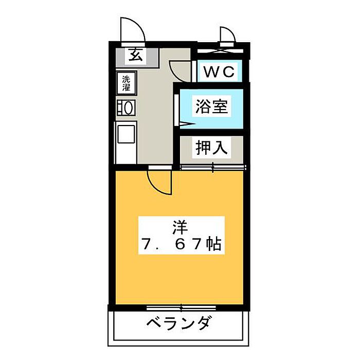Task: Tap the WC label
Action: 220,72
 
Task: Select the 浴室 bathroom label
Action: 211,107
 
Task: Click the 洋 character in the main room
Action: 180,226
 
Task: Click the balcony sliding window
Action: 180,308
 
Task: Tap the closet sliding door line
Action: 213,167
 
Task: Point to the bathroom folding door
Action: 178,108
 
